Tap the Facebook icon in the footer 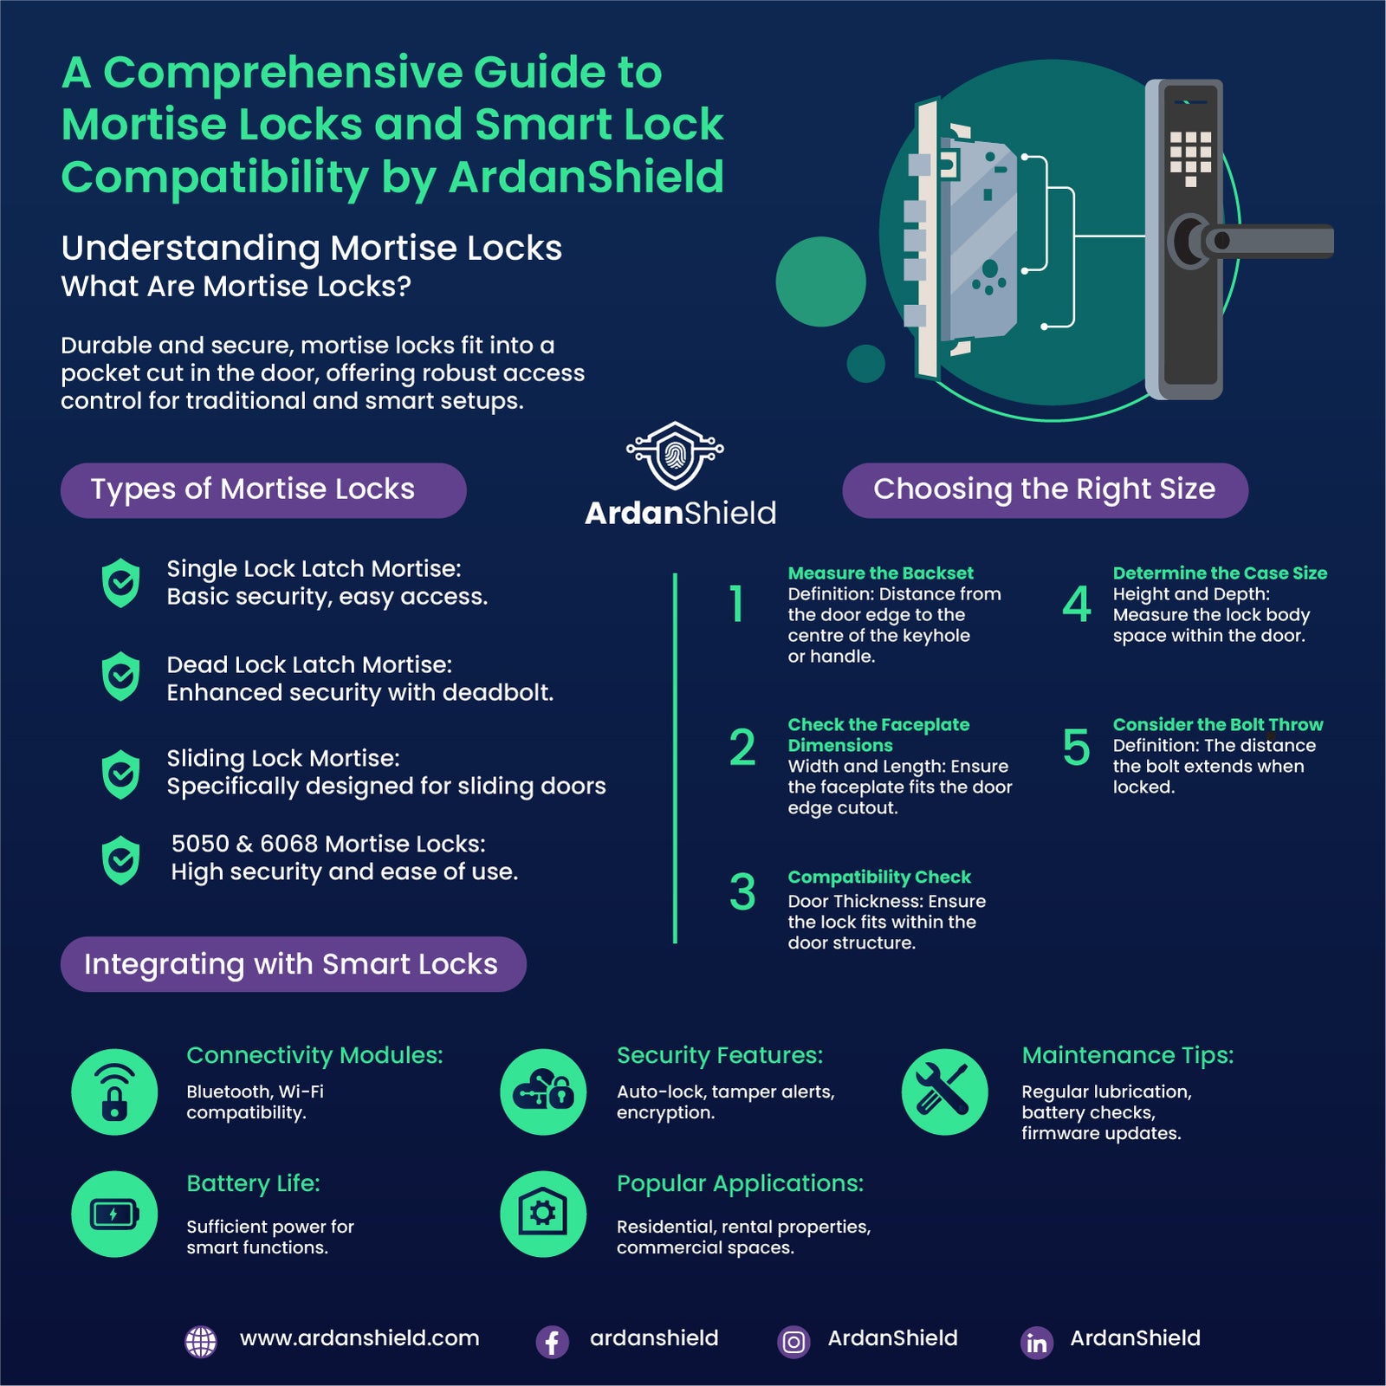[552, 1342]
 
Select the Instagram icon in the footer [793, 1342]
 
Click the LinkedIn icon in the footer [1037, 1342]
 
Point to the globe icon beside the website [201, 1342]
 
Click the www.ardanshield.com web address [359, 1338]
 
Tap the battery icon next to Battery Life [114, 1214]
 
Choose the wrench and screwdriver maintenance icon [944, 1092]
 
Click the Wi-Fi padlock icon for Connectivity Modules [114, 1092]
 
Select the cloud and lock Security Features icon [543, 1092]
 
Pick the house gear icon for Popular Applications [543, 1214]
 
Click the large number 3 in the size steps [742, 892]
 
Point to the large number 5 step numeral [1076, 748]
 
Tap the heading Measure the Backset [880, 573]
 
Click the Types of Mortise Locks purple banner [263, 490]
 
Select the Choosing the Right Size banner [1045, 490]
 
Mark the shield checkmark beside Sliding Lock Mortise [120, 774]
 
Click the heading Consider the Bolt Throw [1218, 724]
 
